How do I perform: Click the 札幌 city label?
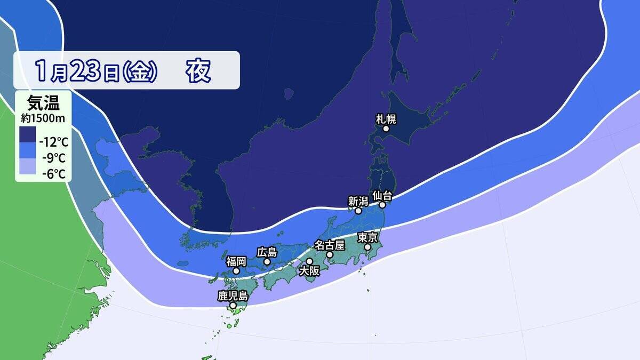click(x=386, y=118)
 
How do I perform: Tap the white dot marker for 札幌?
click(x=386, y=129)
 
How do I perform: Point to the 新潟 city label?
click(x=358, y=201)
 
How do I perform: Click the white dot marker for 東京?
click(x=367, y=247)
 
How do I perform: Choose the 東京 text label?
click(x=368, y=237)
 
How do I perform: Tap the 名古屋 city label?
click(x=330, y=245)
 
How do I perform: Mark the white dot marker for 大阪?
click(x=309, y=261)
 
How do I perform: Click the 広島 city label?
click(x=267, y=251)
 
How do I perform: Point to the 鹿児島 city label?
click(x=233, y=295)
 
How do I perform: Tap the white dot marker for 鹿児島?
click(x=233, y=306)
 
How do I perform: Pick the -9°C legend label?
click(x=52, y=158)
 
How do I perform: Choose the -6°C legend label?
click(x=52, y=173)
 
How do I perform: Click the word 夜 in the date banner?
click(x=198, y=70)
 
